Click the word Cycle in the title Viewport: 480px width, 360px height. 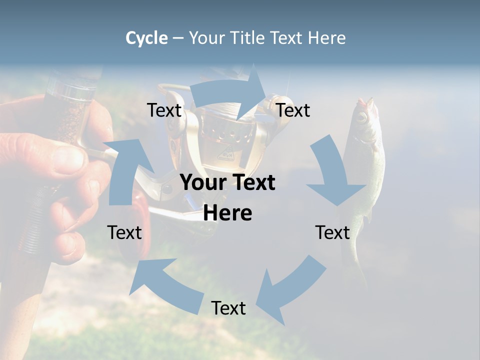[x=146, y=38]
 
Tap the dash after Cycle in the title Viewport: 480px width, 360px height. [x=178, y=38]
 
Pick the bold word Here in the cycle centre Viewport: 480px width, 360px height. [x=227, y=213]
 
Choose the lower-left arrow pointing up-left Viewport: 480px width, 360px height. [x=165, y=285]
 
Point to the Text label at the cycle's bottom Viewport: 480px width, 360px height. [x=228, y=308]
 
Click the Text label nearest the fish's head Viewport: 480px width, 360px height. [x=293, y=110]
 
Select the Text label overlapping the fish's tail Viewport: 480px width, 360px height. [x=332, y=232]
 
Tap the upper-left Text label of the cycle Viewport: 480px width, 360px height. [x=164, y=110]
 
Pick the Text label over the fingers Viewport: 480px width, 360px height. [x=124, y=232]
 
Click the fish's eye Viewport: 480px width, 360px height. [x=360, y=117]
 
